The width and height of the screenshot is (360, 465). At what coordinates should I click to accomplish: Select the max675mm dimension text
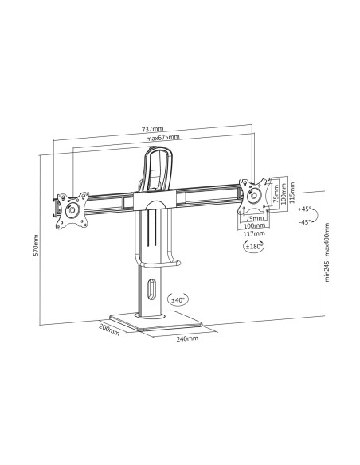(x=162, y=138)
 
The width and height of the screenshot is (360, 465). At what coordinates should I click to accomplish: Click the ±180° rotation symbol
(x=254, y=247)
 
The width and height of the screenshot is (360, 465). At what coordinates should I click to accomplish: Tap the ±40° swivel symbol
(x=177, y=300)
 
